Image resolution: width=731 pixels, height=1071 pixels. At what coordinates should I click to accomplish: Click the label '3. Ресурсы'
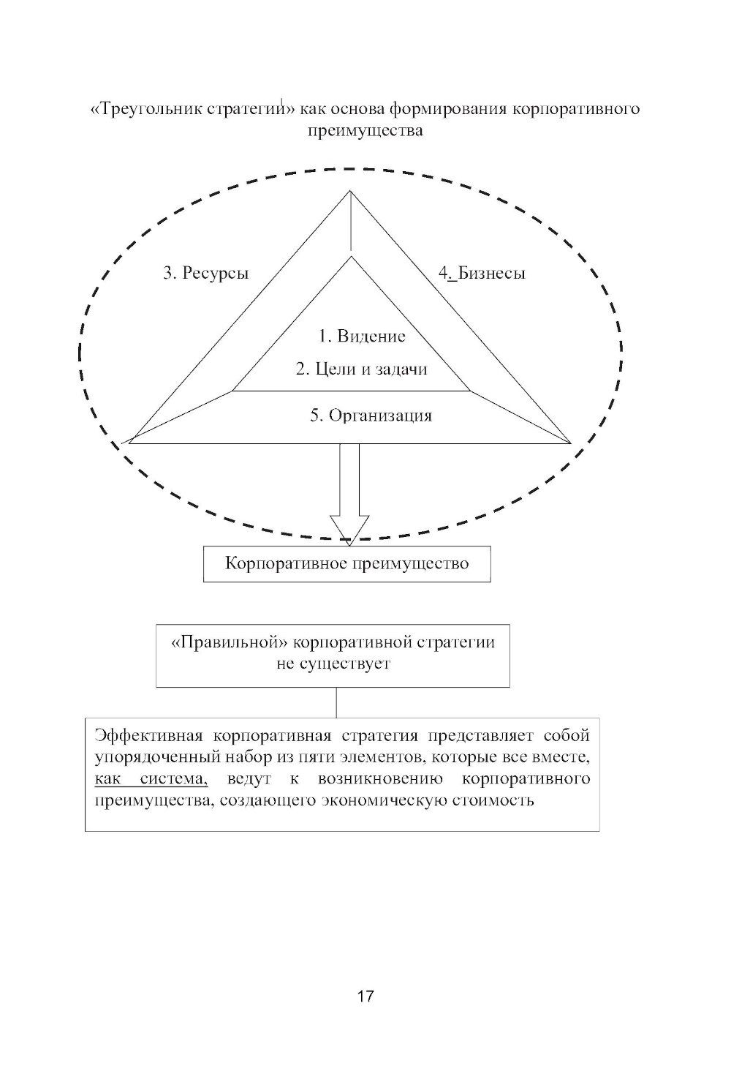coord(205,274)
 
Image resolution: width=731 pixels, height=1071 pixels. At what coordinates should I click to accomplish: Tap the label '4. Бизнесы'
coord(482,274)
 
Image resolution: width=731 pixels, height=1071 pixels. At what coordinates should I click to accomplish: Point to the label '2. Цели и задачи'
coord(361,369)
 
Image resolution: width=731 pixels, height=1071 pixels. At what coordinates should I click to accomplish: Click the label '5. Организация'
coord(371,416)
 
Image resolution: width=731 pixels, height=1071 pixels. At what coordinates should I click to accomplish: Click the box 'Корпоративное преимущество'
coord(346,564)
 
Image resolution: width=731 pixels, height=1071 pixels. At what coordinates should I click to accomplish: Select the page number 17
coord(365,996)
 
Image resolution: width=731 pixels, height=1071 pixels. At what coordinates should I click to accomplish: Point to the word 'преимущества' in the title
coord(365,132)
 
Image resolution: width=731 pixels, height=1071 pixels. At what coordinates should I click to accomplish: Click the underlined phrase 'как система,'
coord(151,778)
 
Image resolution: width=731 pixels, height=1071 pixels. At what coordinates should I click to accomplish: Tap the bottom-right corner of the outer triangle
coord(570,443)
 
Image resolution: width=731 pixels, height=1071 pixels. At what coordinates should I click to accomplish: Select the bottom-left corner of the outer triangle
coord(130,443)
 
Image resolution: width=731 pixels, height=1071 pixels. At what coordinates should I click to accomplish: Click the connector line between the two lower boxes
coord(336,702)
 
